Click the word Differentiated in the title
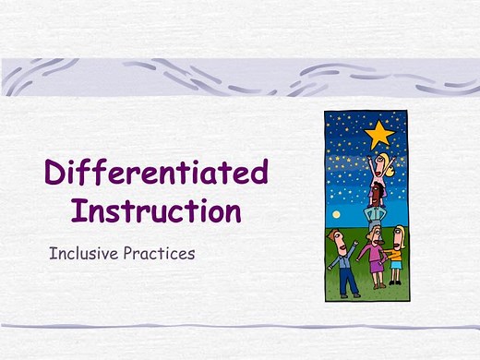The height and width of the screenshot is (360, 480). [157, 173]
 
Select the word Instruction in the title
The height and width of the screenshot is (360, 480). [157, 210]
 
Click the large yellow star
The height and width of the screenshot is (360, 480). [378, 136]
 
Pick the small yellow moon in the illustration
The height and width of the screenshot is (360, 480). [335, 214]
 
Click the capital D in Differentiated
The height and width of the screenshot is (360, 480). [57, 173]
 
